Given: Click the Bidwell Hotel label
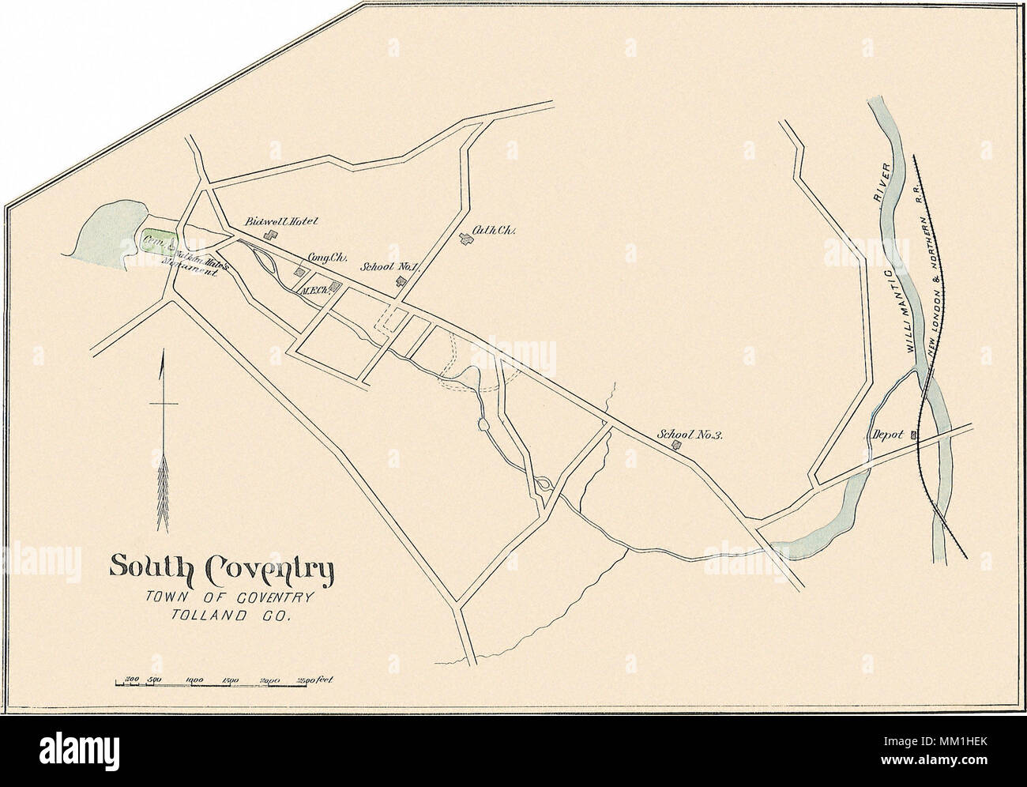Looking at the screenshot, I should point(282,221).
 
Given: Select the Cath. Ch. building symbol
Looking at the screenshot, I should point(465,240).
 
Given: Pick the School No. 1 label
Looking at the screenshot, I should point(388,267).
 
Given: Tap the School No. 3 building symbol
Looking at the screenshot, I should point(676,446).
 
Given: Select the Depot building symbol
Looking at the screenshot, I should point(914,435).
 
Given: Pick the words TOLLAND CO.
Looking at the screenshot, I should point(231,618).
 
